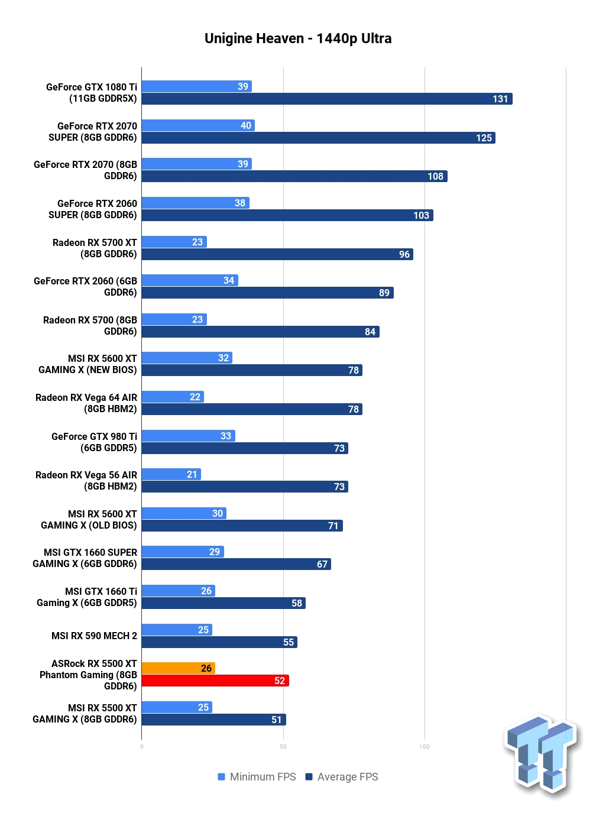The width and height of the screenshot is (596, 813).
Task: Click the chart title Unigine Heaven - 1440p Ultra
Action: [x=297, y=38]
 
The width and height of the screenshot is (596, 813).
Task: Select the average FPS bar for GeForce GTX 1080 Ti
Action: [x=326, y=99]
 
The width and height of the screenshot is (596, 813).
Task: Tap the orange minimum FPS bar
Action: [x=178, y=668]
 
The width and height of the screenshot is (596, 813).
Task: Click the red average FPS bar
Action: [x=215, y=681]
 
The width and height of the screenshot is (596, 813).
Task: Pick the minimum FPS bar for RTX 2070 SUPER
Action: [x=198, y=125]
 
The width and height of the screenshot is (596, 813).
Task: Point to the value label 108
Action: [x=435, y=176]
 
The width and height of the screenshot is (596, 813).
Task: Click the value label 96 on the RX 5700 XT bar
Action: [x=404, y=254]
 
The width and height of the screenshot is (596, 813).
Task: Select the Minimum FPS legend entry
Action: [x=257, y=777]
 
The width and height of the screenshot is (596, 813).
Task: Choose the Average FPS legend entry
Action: [x=342, y=777]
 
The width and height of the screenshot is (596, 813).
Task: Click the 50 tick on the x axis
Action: [x=283, y=747]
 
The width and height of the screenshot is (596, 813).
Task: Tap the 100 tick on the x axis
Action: [x=425, y=747]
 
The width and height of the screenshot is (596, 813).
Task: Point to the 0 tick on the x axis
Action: [x=141, y=747]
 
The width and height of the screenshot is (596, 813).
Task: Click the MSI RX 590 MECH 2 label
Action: [x=94, y=636]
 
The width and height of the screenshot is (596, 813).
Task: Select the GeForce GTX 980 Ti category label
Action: [x=94, y=442]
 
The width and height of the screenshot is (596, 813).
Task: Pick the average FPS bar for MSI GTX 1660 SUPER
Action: [x=237, y=564]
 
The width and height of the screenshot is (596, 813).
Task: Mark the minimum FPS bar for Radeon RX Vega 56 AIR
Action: [x=171, y=474]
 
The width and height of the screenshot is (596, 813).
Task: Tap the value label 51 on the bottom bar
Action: [x=277, y=720]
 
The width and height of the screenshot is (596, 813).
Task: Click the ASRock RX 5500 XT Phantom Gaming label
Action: [x=88, y=675]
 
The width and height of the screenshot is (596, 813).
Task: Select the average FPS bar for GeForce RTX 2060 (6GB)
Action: [x=267, y=293]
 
